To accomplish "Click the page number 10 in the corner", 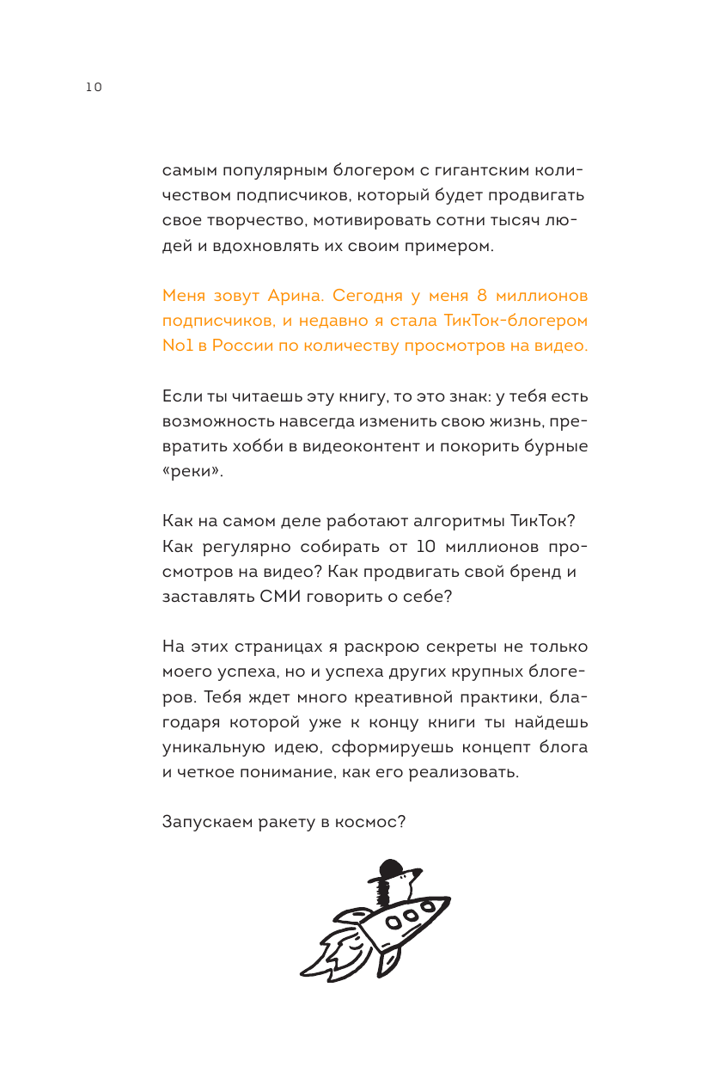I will click(93, 87).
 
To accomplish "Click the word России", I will click(235, 346).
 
